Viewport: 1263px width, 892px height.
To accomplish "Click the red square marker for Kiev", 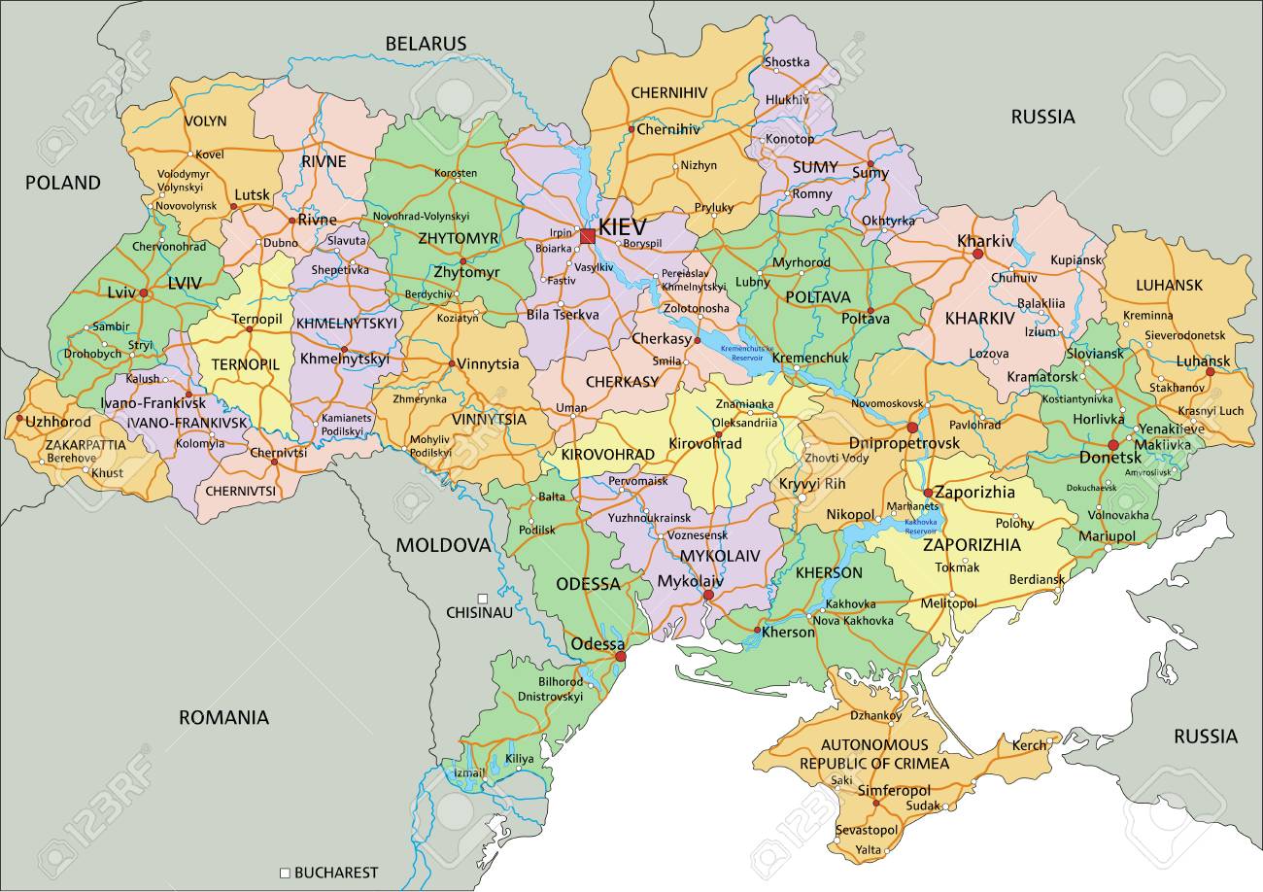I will pos(587,235).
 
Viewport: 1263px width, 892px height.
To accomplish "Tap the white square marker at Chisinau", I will pos(482,599).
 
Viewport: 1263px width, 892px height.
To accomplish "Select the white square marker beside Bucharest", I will pos(285,873).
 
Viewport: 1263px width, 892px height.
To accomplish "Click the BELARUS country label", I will pos(426,44).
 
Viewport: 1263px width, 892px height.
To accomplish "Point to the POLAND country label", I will pos(62,183).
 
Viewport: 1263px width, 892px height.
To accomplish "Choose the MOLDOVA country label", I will pos(443,545).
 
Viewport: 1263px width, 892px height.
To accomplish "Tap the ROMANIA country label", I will pos(223,718).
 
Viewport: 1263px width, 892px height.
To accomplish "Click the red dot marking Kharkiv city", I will pos(977,254).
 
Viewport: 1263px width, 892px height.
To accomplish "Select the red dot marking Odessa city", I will pos(621,658).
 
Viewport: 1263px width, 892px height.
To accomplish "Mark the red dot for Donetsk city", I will pos(1112,445).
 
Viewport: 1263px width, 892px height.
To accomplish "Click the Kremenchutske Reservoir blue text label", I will pos(747,353).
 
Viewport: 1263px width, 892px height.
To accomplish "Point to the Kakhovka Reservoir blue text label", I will pos(920,527).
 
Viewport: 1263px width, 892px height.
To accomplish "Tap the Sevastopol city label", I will pos(866,831).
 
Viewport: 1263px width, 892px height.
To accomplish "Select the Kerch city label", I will pos(1030,745).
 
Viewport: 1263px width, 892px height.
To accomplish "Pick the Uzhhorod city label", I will pos(58,422).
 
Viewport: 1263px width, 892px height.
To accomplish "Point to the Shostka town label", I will pos(787,62).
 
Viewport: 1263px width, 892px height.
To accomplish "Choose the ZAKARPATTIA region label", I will pos(85,444).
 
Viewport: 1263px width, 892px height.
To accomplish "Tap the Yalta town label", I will pos(868,851).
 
